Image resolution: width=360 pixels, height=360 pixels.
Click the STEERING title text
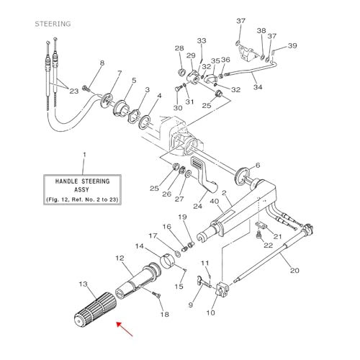pos(53,24)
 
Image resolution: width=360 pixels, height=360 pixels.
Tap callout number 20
pos(294,271)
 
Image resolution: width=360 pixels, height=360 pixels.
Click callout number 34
pos(258,87)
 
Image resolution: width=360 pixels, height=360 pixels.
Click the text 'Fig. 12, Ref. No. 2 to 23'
pos(84,199)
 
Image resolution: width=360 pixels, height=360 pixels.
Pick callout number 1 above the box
pos(84,155)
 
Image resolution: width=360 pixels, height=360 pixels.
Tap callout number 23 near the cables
pos(73,91)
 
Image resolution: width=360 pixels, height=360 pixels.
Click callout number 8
pos(102,63)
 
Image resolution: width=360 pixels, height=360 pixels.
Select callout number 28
pos(179,48)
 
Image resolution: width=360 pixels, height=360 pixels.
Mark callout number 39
pos(292,45)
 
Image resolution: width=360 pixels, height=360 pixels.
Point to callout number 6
pos(258,166)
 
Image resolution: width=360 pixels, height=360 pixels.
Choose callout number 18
pos(164,315)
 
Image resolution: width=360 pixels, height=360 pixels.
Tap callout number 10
pos(210,312)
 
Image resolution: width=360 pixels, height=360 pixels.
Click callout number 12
pos(120,257)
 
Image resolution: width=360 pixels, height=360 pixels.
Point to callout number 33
pos(202,41)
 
